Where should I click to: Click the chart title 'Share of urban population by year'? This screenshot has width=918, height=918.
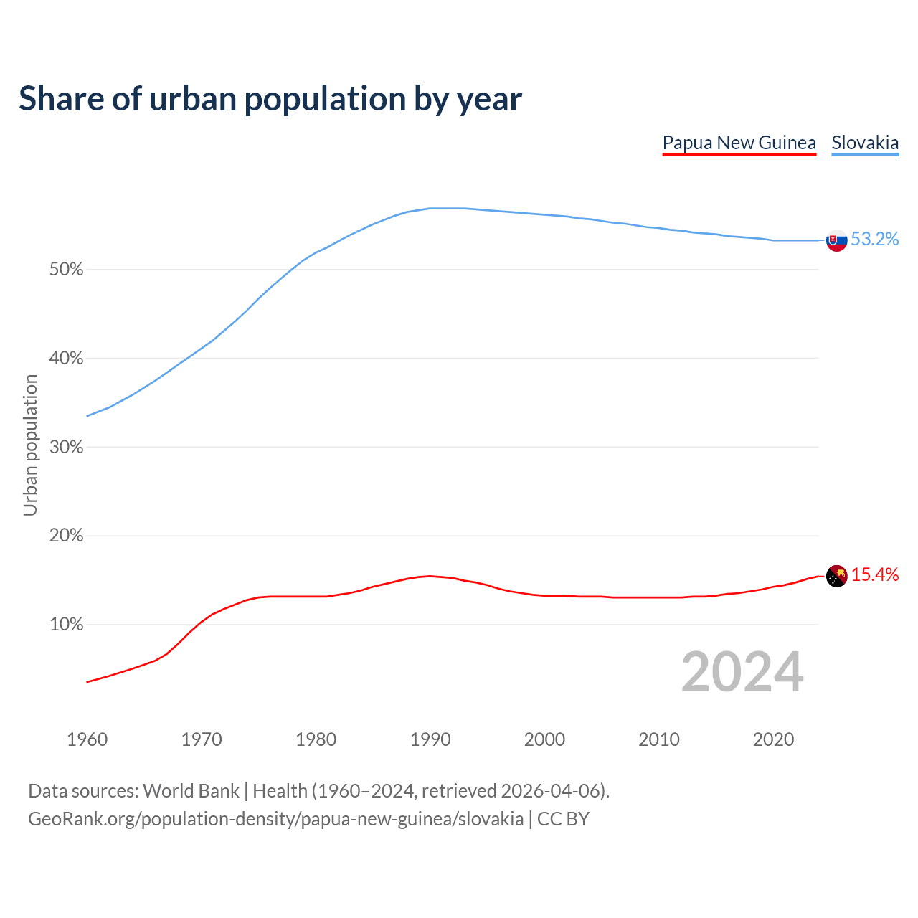(x=270, y=98)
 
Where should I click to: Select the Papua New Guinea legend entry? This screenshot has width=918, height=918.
(x=739, y=143)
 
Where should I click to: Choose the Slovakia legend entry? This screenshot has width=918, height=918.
(x=865, y=143)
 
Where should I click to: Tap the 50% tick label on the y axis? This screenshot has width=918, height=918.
(x=67, y=270)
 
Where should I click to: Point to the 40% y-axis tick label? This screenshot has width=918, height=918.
(x=67, y=359)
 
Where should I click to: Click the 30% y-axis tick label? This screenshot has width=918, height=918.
(x=67, y=448)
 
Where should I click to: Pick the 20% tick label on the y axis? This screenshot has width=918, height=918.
(x=67, y=536)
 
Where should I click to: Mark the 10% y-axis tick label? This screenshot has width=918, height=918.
(x=67, y=625)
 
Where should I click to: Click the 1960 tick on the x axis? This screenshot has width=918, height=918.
(x=87, y=739)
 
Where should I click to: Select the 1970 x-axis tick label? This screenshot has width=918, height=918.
(x=202, y=739)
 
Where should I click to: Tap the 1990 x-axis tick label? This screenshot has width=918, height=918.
(x=430, y=739)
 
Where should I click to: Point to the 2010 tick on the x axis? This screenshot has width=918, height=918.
(x=659, y=739)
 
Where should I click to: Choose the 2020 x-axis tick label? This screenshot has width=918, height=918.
(x=773, y=739)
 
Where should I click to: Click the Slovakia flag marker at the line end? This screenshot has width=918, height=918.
(x=837, y=240)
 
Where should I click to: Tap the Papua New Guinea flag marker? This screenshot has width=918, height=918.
(x=837, y=576)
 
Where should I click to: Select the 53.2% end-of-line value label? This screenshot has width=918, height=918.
(x=875, y=240)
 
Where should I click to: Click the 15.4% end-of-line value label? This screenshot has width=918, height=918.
(x=875, y=574)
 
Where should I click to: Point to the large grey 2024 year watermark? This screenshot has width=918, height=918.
(x=742, y=672)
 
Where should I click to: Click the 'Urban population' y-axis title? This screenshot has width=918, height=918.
(x=30, y=445)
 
